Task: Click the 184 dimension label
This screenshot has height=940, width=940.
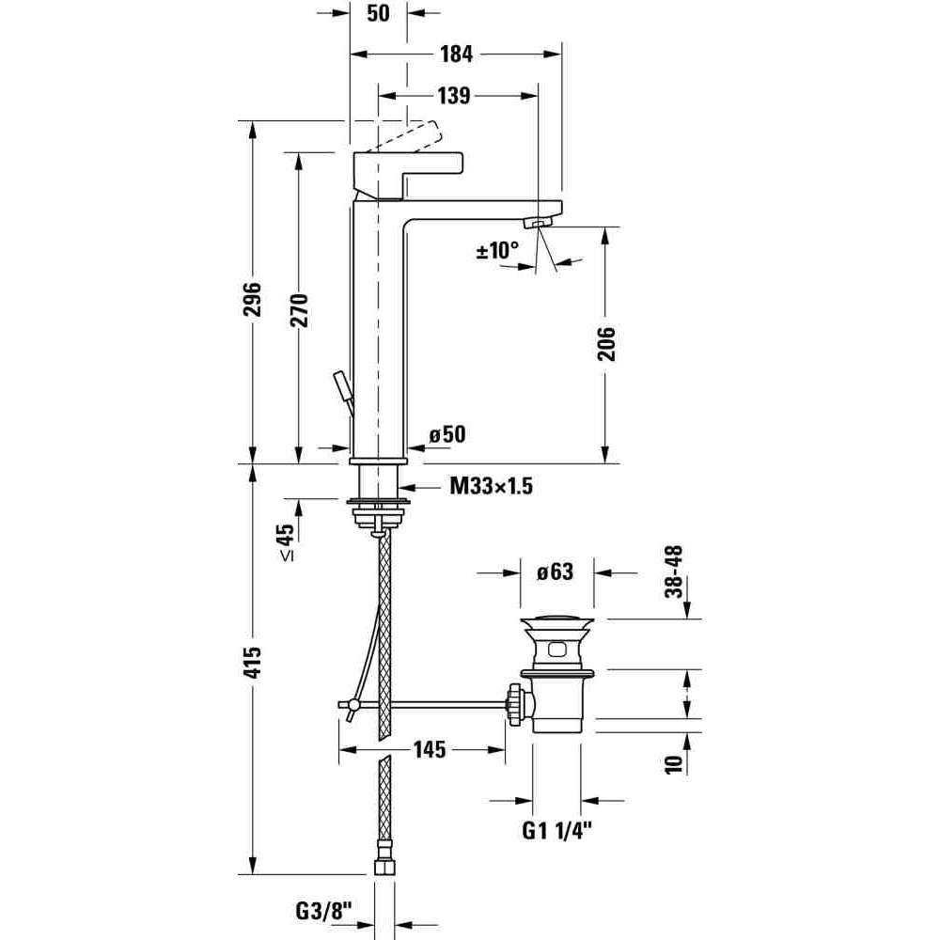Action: point(456,54)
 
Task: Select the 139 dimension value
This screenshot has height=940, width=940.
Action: point(453,95)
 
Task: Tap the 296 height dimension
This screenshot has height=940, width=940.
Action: point(253,300)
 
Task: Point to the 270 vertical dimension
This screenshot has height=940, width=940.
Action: point(299,310)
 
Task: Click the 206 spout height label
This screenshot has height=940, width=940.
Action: point(606,343)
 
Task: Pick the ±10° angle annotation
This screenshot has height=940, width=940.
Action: point(497,250)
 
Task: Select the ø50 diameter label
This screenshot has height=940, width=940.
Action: point(447,434)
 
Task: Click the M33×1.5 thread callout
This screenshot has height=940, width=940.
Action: point(491,486)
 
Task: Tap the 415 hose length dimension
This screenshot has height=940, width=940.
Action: point(253,662)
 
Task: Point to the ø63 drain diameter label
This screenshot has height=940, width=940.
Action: point(556,572)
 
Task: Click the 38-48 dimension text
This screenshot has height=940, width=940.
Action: point(674,572)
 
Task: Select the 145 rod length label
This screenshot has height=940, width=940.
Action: point(430,749)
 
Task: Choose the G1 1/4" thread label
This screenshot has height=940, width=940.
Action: point(556,830)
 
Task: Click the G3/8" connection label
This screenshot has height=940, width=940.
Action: point(322,912)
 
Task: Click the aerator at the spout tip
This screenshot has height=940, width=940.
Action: point(537,224)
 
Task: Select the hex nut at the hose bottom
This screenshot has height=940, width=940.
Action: point(384,867)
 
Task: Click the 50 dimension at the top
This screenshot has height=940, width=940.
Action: point(378,12)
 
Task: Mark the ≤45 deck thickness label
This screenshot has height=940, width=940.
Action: point(286,542)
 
